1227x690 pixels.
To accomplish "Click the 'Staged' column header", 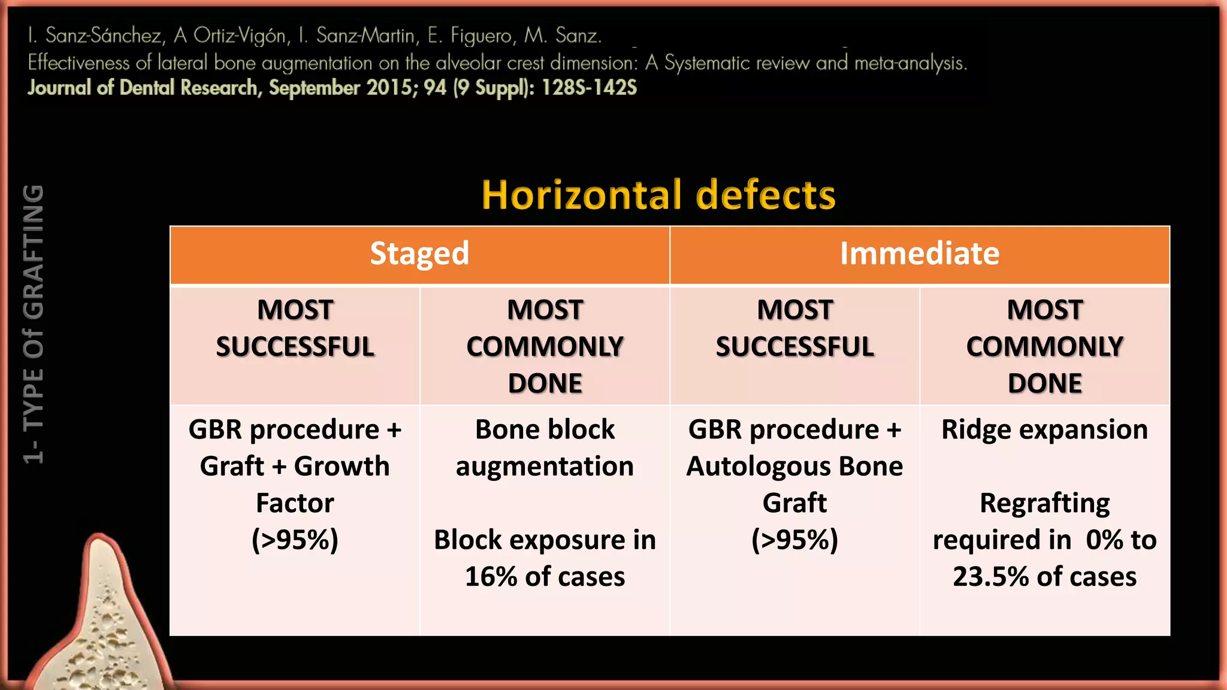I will tap(419, 253).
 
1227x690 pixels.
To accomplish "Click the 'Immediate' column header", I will tap(920, 253).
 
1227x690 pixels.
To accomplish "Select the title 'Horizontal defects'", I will tap(658, 195).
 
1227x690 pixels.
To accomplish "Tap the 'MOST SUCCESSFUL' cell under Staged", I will tap(295, 328).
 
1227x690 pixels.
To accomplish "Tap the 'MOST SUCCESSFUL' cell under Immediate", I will tap(794, 328).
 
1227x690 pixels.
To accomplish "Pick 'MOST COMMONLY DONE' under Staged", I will tap(545, 346).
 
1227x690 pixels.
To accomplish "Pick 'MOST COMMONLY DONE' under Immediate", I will tap(1044, 346).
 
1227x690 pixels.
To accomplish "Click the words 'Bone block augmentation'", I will tap(545, 447).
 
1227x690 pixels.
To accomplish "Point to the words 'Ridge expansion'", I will tap(1044, 429).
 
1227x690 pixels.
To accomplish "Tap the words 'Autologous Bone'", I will tap(794, 467).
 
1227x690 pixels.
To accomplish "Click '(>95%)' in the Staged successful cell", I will tap(295, 540).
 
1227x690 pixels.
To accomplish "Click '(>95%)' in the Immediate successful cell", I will tap(794, 540).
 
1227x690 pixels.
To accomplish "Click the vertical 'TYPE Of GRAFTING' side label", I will tap(34, 323).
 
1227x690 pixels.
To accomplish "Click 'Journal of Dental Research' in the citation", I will tap(143, 88).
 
